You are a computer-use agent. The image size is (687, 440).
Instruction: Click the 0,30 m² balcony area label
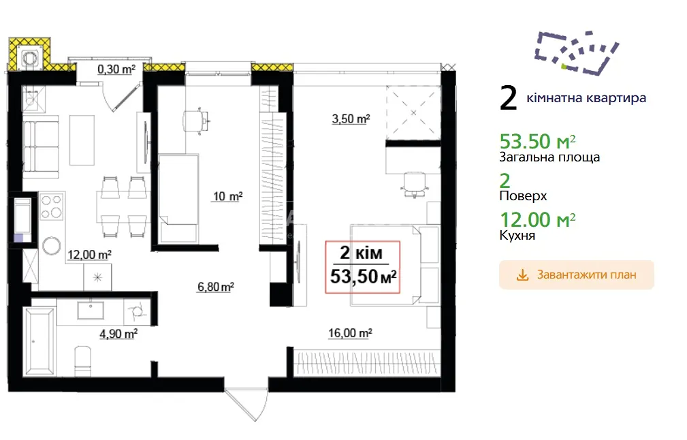[x=116, y=69]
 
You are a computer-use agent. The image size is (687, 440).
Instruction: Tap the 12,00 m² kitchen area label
[x=89, y=255]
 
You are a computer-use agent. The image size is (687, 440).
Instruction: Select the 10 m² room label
[x=228, y=196]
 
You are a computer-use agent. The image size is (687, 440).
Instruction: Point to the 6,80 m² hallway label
[x=216, y=287]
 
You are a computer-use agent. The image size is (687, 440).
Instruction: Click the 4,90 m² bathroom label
[x=118, y=334]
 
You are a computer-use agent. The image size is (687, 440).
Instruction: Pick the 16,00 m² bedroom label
[x=350, y=334]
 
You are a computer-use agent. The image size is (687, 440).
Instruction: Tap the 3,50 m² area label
[x=351, y=119]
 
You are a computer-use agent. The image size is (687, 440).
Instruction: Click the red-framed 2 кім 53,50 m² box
[x=362, y=267]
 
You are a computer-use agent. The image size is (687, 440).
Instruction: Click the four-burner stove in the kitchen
[x=52, y=206]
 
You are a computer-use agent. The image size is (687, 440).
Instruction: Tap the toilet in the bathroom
[x=82, y=361]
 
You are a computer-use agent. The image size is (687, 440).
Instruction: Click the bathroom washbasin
[x=91, y=311]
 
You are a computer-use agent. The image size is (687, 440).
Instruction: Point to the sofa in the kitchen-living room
[x=40, y=147]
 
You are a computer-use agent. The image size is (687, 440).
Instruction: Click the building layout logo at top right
[x=576, y=52]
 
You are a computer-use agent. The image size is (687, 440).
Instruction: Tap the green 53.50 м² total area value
[x=538, y=142]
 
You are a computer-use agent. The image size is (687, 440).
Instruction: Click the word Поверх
[x=523, y=195]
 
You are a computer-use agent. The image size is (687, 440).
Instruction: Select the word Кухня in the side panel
[x=517, y=236]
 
